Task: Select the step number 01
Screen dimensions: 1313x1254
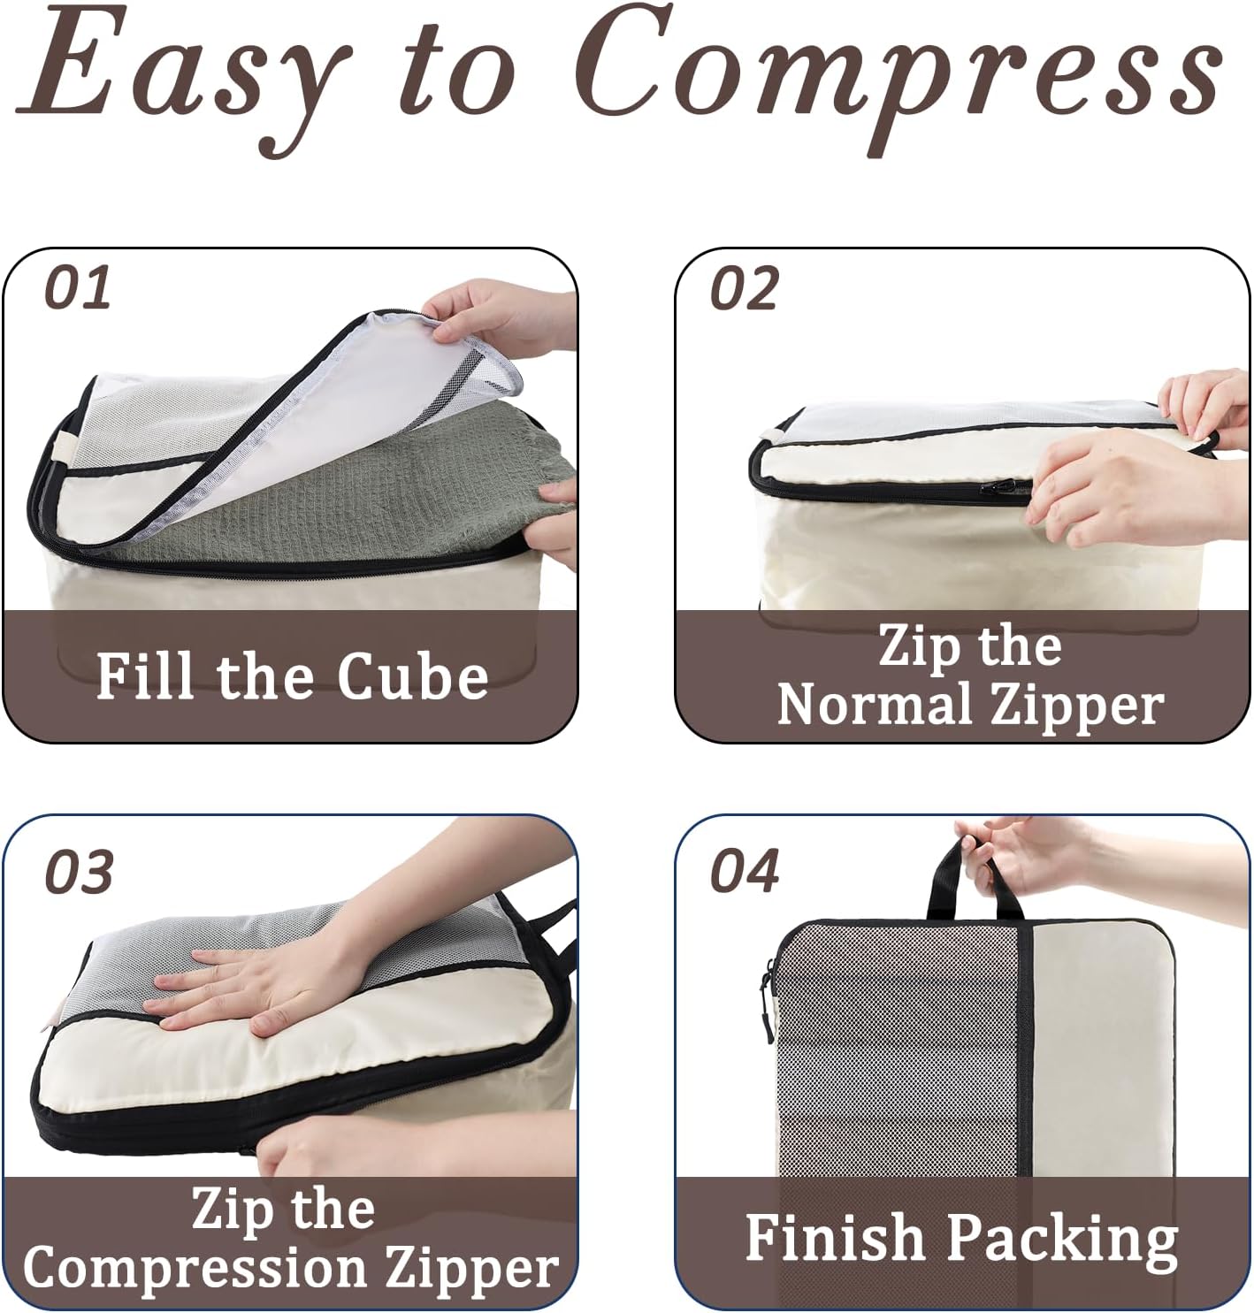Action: click(78, 287)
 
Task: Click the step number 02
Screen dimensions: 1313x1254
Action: click(744, 287)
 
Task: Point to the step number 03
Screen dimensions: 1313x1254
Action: click(79, 872)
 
